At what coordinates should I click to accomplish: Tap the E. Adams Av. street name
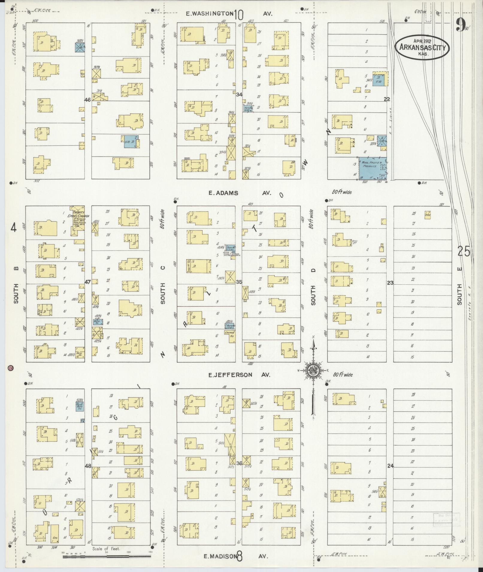[x=240, y=193]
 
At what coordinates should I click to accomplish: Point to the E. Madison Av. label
[x=235, y=556]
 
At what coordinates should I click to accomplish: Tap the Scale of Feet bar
[x=107, y=556]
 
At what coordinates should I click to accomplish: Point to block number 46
[x=87, y=100]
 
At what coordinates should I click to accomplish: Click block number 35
[x=239, y=282]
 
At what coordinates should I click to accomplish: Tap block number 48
[x=88, y=466]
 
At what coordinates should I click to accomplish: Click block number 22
[x=387, y=100]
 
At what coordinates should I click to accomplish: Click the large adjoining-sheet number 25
[x=464, y=251]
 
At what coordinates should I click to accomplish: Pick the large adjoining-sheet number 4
[x=13, y=228]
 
